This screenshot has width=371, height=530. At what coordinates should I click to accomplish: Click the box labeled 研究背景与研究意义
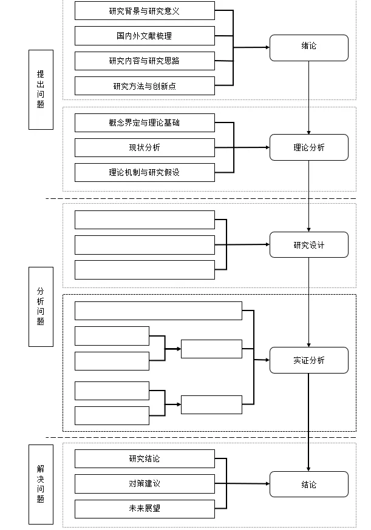[x=145, y=10]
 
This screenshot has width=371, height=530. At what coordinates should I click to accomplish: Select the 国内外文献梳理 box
[x=145, y=35]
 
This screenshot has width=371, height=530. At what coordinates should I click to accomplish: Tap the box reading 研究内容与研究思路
[x=145, y=61]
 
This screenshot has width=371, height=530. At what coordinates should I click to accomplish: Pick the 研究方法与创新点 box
[x=145, y=86]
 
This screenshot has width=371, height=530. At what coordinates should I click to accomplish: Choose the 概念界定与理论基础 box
[x=145, y=122]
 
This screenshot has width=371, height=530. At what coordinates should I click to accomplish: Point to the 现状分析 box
[x=145, y=147]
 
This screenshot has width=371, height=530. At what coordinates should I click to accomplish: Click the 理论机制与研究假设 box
[x=145, y=172]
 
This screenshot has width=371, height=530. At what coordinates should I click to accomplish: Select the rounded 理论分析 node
[x=308, y=147]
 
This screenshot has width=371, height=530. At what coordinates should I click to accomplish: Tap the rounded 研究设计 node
[x=308, y=245]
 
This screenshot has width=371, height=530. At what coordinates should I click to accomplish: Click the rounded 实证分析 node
[x=308, y=360]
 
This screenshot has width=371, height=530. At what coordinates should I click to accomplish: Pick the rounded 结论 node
[x=308, y=485]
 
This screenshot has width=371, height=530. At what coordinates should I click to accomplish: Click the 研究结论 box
[x=145, y=458]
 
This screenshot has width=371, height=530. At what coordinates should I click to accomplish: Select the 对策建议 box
[x=145, y=483]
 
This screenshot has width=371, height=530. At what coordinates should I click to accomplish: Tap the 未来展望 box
[x=145, y=508]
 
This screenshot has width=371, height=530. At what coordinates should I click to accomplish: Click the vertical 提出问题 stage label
[x=41, y=89]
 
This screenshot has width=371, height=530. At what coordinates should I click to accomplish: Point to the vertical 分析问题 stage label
[x=41, y=306]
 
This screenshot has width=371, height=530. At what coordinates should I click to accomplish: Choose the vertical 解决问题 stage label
[x=41, y=484]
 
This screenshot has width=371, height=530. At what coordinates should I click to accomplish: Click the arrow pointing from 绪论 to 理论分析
[x=308, y=97]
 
